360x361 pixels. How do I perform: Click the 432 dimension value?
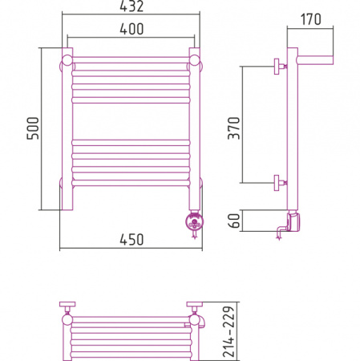131,6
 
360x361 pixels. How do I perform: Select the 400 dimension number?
131,29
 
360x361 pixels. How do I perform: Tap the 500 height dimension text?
33,128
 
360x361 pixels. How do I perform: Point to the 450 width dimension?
131,240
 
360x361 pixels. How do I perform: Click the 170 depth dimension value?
311,19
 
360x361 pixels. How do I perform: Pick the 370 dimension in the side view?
234,128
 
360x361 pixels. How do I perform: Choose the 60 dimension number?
234,221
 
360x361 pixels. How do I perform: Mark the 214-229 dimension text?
229,332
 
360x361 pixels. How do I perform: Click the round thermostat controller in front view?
195,221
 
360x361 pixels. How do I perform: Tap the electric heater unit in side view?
293,221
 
